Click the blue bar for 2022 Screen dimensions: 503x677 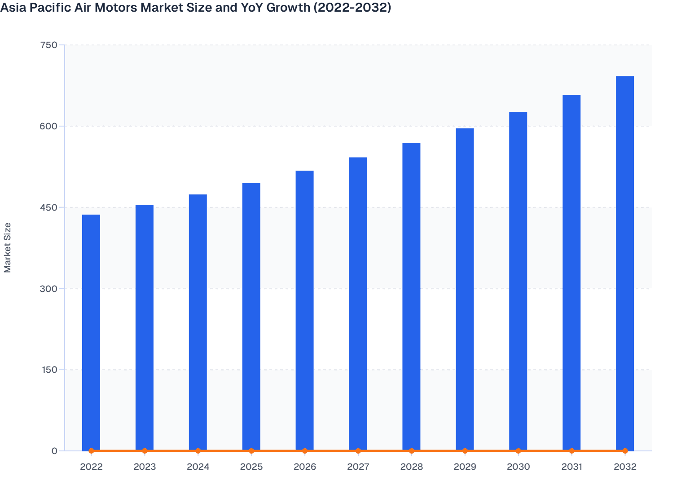(91, 332)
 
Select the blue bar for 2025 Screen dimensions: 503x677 (251, 317)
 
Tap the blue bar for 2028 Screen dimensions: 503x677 (411, 296)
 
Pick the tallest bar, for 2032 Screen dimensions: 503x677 (625, 263)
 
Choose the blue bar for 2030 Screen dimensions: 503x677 (518, 281)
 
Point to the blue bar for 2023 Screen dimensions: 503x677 (145, 328)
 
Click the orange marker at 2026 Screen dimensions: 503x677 (305, 451)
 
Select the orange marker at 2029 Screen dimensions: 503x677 (465, 451)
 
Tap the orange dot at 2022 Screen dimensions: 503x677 (91, 451)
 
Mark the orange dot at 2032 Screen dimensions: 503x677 (625, 451)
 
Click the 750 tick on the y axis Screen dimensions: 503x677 (48, 45)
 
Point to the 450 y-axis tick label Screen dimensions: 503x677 (48, 207)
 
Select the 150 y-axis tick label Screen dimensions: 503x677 (48, 370)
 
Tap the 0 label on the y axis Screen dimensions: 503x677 (54, 451)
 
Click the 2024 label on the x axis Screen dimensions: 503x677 (198, 467)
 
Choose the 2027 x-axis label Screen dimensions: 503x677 (358, 467)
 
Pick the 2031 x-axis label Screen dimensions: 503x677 (571, 467)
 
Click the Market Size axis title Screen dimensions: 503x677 (8, 248)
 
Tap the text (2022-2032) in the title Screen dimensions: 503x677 (352, 8)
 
